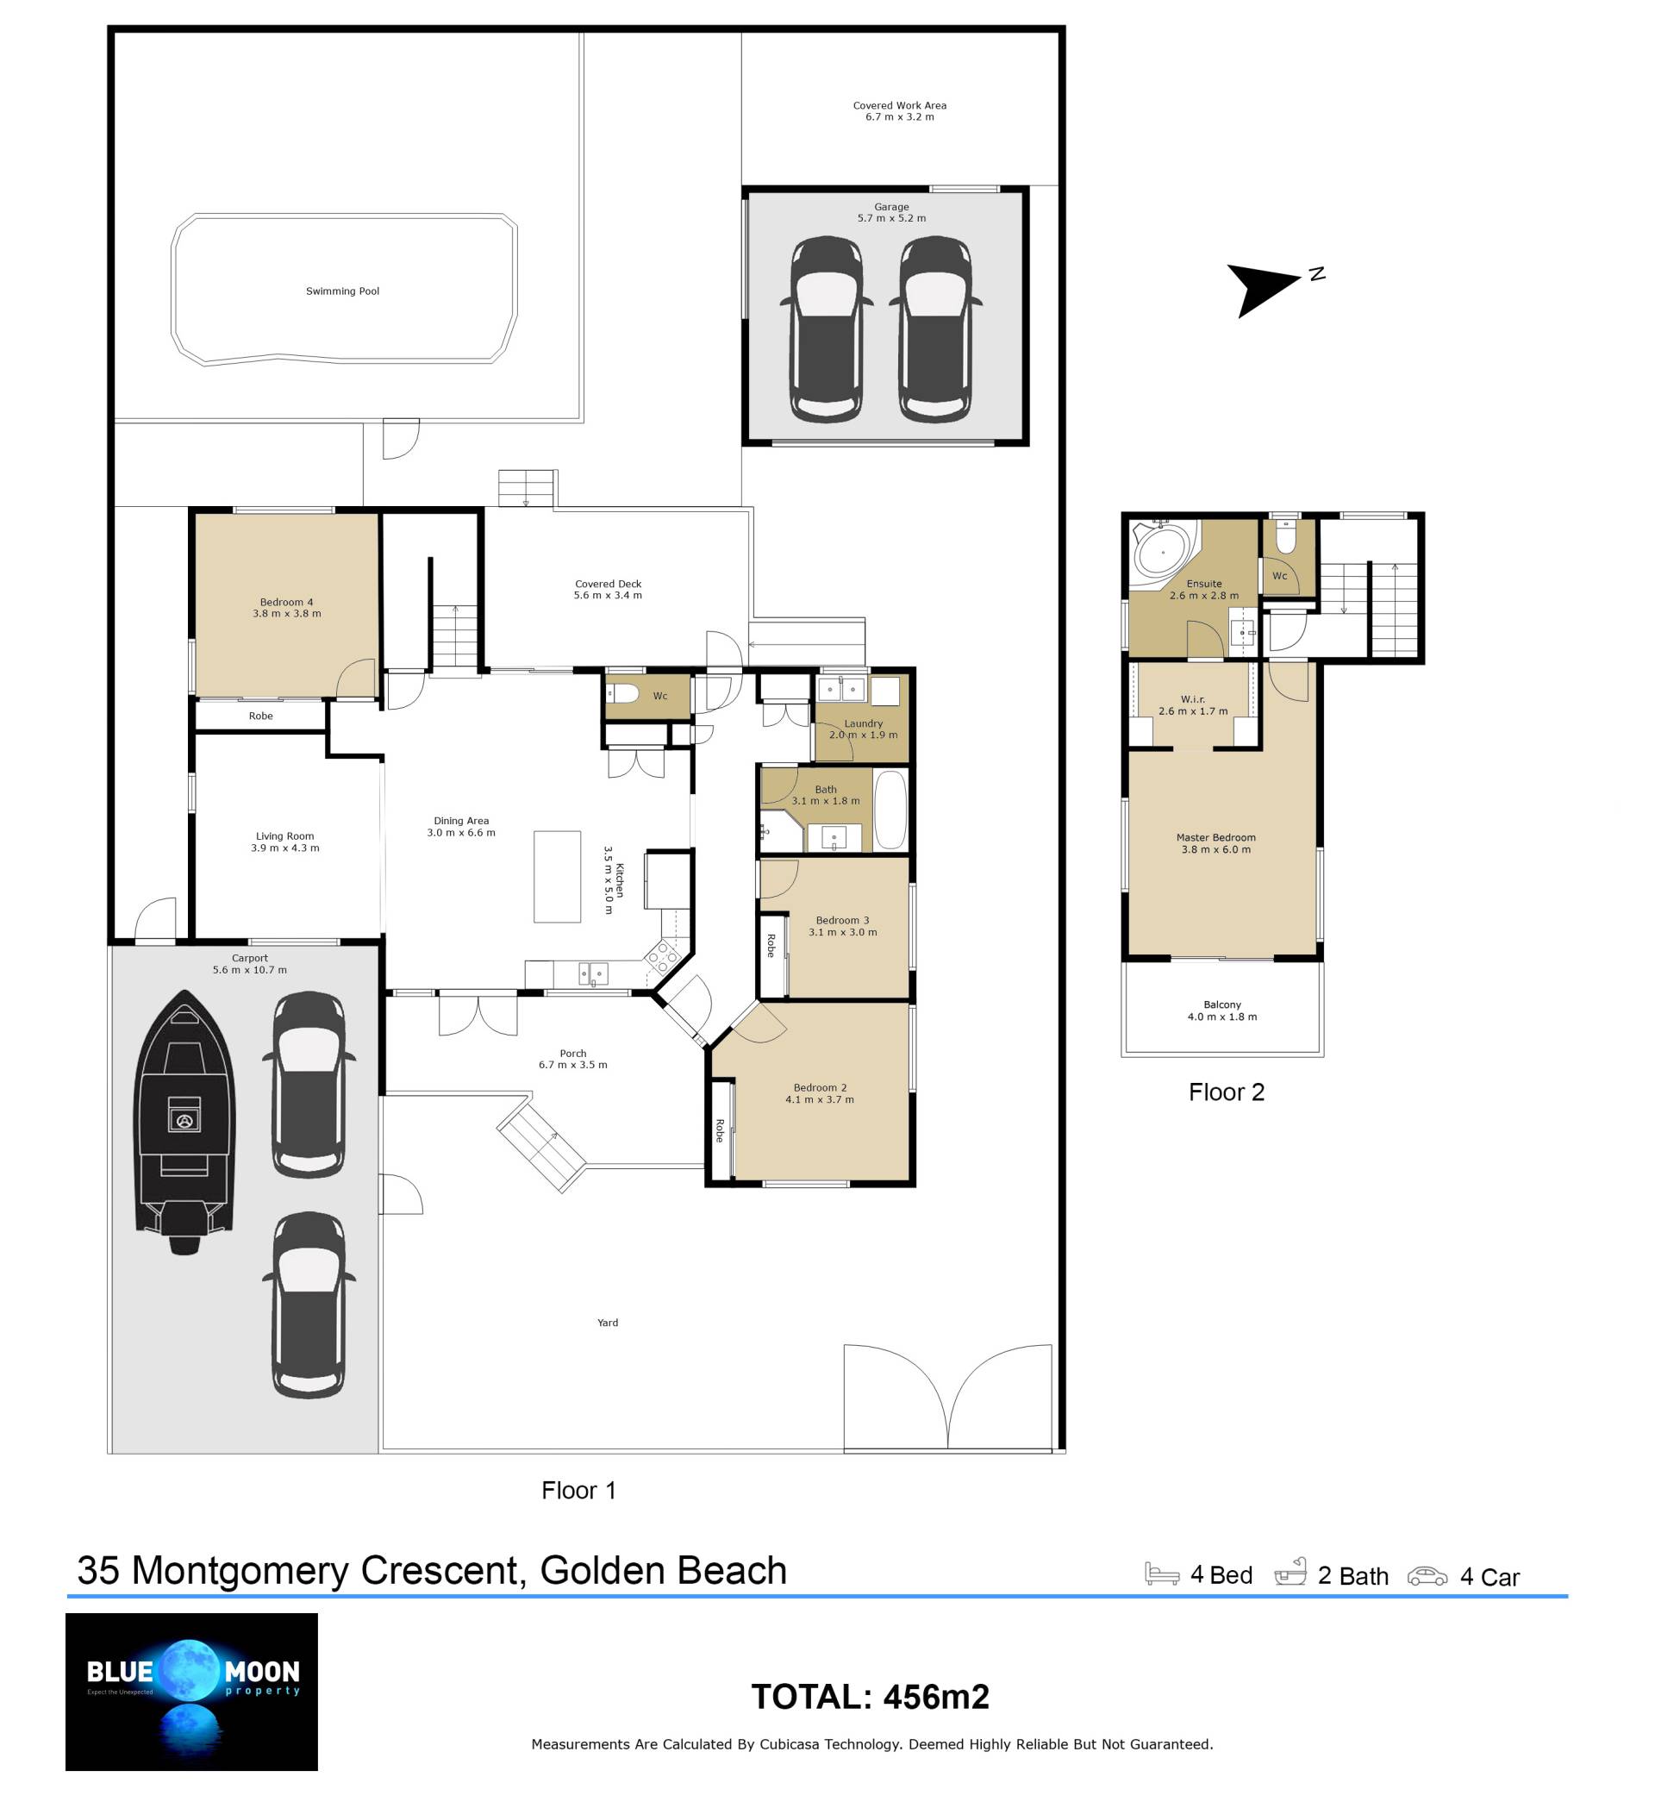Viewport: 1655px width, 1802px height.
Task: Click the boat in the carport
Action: (184, 1122)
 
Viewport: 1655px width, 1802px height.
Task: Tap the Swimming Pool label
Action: (342, 291)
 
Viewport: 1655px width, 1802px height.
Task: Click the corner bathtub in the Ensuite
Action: (1164, 551)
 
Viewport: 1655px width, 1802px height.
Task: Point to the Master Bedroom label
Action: (1215, 844)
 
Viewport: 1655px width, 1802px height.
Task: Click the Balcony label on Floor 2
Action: (1221, 1010)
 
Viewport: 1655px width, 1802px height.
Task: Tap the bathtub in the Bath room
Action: (890, 809)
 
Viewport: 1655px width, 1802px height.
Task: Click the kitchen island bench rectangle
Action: (557, 876)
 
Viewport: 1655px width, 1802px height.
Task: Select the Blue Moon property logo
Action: (191, 1692)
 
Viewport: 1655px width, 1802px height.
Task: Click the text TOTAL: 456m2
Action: (870, 1696)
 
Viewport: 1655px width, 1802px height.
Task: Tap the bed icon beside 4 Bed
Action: (1162, 1574)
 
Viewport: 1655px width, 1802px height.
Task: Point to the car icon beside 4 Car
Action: (1427, 1575)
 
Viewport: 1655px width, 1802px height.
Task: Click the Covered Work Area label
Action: (899, 111)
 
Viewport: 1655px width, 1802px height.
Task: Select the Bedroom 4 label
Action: (286, 607)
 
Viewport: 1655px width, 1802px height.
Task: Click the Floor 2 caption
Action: (1226, 1092)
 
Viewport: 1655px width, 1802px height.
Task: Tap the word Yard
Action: (607, 1322)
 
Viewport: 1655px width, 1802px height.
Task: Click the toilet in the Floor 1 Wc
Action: (622, 694)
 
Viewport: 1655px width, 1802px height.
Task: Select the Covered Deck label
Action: (608, 590)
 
